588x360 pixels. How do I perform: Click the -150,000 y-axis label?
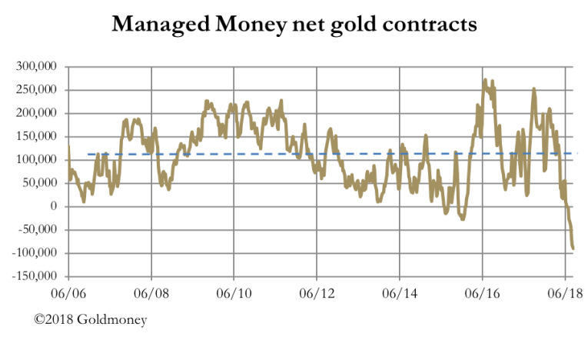(x=35, y=276)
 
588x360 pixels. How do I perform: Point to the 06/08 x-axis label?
(x=151, y=293)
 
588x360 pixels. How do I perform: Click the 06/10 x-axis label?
(x=234, y=293)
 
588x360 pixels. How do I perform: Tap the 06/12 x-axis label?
(x=317, y=293)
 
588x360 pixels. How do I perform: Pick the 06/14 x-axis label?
(x=400, y=293)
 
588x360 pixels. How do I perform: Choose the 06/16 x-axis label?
(x=482, y=293)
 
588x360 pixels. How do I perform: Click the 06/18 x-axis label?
(x=565, y=293)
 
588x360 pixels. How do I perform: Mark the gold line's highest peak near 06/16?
(x=484, y=79)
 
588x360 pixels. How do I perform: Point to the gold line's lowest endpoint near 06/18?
(x=573, y=248)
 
